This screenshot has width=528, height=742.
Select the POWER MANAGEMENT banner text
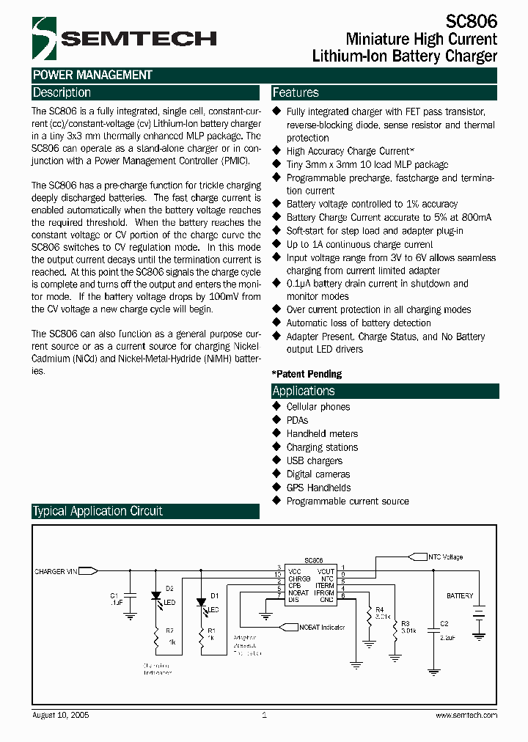click(92, 75)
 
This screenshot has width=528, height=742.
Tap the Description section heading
click(62, 93)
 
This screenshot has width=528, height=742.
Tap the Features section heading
click(296, 93)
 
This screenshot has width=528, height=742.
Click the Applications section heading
click(304, 392)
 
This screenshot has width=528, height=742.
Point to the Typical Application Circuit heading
click(98, 511)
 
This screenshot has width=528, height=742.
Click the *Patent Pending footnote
click(307, 374)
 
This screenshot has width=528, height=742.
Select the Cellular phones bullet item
click(318, 407)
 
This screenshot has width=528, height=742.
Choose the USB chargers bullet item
click(314, 461)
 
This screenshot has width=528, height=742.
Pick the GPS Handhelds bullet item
click(318, 488)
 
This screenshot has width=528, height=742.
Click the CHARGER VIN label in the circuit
click(56, 571)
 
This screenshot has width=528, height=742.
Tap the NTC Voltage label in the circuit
click(446, 557)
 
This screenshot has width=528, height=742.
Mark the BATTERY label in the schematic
click(460, 596)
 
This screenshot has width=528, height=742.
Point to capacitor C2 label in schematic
click(444, 624)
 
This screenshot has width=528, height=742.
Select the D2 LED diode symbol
click(155, 600)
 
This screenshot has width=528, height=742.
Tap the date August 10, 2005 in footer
click(62, 715)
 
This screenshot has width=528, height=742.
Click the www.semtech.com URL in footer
click(466, 715)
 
